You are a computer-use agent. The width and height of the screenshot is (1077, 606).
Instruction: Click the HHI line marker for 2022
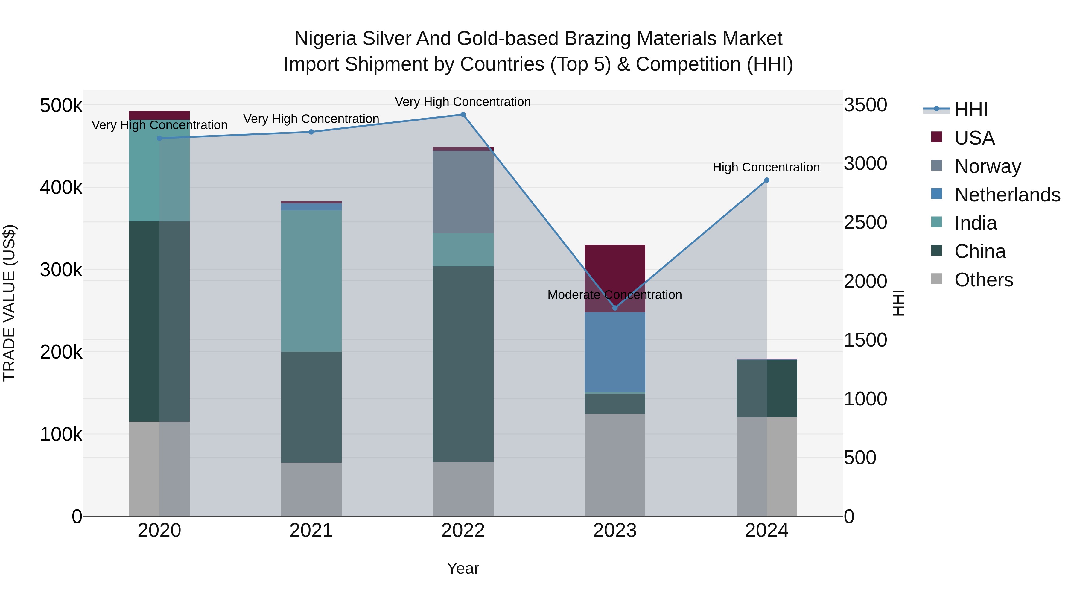click(x=463, y=115)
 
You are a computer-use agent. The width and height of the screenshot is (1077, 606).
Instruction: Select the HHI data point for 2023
click(x=614, y=308)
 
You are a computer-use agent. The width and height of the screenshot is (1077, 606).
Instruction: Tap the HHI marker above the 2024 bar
click(x=766, y=180)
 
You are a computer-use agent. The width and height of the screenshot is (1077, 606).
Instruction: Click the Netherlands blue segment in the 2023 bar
click(x=614, y=352)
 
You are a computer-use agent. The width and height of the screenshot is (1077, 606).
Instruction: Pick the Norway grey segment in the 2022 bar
click(x=463, y=192)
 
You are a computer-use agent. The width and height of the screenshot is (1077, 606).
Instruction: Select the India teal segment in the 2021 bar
click(x=311, y=281)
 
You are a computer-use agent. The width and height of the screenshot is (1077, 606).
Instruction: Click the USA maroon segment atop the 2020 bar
click(x=159, y=116)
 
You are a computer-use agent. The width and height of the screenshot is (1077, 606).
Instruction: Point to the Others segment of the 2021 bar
click(x=311, y=489)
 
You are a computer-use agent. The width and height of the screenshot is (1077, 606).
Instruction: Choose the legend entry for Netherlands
click(x=1007, y=195)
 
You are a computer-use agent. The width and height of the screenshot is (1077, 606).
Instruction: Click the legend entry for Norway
click(x=988, y=166)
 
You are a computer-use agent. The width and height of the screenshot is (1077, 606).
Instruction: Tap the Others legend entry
click(x=983, y=280)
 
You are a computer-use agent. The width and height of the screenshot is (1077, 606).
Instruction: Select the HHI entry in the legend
click(x=971, y=110)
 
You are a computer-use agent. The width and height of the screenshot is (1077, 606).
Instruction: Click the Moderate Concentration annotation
click(x=614, y=295)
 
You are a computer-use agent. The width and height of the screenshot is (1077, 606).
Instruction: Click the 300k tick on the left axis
click(x=61, y=270)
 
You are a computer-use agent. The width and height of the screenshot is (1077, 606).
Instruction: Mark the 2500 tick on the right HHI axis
click(x=865, y=222)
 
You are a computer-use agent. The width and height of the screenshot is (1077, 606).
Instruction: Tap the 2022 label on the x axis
click(x=463, y=531)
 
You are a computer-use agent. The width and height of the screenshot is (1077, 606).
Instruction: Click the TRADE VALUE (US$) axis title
click(x=9, y=303)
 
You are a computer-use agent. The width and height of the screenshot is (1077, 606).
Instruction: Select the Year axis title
click(x=463, y=568)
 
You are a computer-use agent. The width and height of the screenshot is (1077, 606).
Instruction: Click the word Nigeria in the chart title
click(x=325, y=39)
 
